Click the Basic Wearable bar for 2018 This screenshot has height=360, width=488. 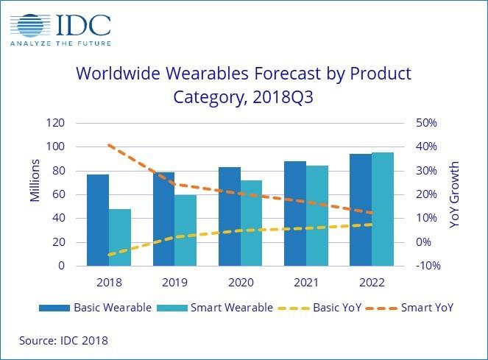pyautogui.click(x=98, y=220)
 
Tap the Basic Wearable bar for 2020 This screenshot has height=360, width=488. pyautogui.click(x=229, y=216)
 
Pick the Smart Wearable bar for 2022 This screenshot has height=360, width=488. pyautogui.click(x=383, y=209)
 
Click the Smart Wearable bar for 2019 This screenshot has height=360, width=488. pyautogui.click(x=185, y=230)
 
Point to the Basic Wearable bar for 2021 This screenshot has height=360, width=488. pyautogui.click(x=295, y=213)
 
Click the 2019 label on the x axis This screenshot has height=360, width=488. pyautogui.click(x=174, y=282)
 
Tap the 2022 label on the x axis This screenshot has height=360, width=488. pyautogui.click(x=372, y=282)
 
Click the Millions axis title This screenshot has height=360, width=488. pyautogui.click(x=35, y=194)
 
